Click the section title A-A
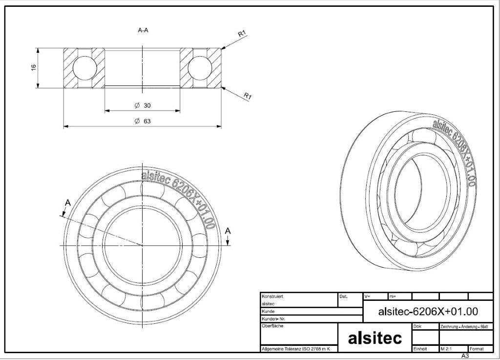[x=143, y=30]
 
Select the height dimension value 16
[x=34, y=67]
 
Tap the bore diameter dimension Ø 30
[x=143, y=105]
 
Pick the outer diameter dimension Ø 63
[x=143, y=121]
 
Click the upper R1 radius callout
[x=242, y=33]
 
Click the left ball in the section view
[x=84, y=67]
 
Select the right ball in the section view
[x=200, y=67]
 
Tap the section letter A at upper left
[x=67, y=203]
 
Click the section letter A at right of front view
[x=228, y=231]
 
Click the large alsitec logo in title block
[x=375, y=338]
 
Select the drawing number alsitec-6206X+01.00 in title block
[x=428, y=311]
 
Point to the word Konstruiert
[x=272, y=296]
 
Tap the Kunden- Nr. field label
[x=273, y=319]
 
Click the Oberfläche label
[x=272, y=326]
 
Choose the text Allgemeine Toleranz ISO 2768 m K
[x=295, y=349]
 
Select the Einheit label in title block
[x=420, y=349]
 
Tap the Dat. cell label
[x=343, y=296]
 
